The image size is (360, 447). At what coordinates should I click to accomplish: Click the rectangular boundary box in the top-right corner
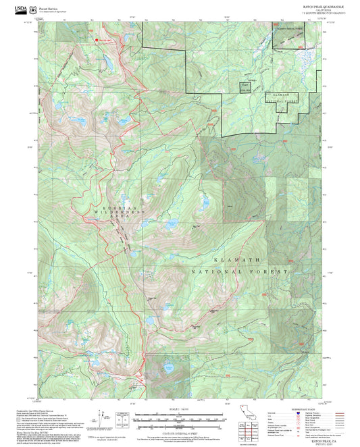[x=288, y=39]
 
